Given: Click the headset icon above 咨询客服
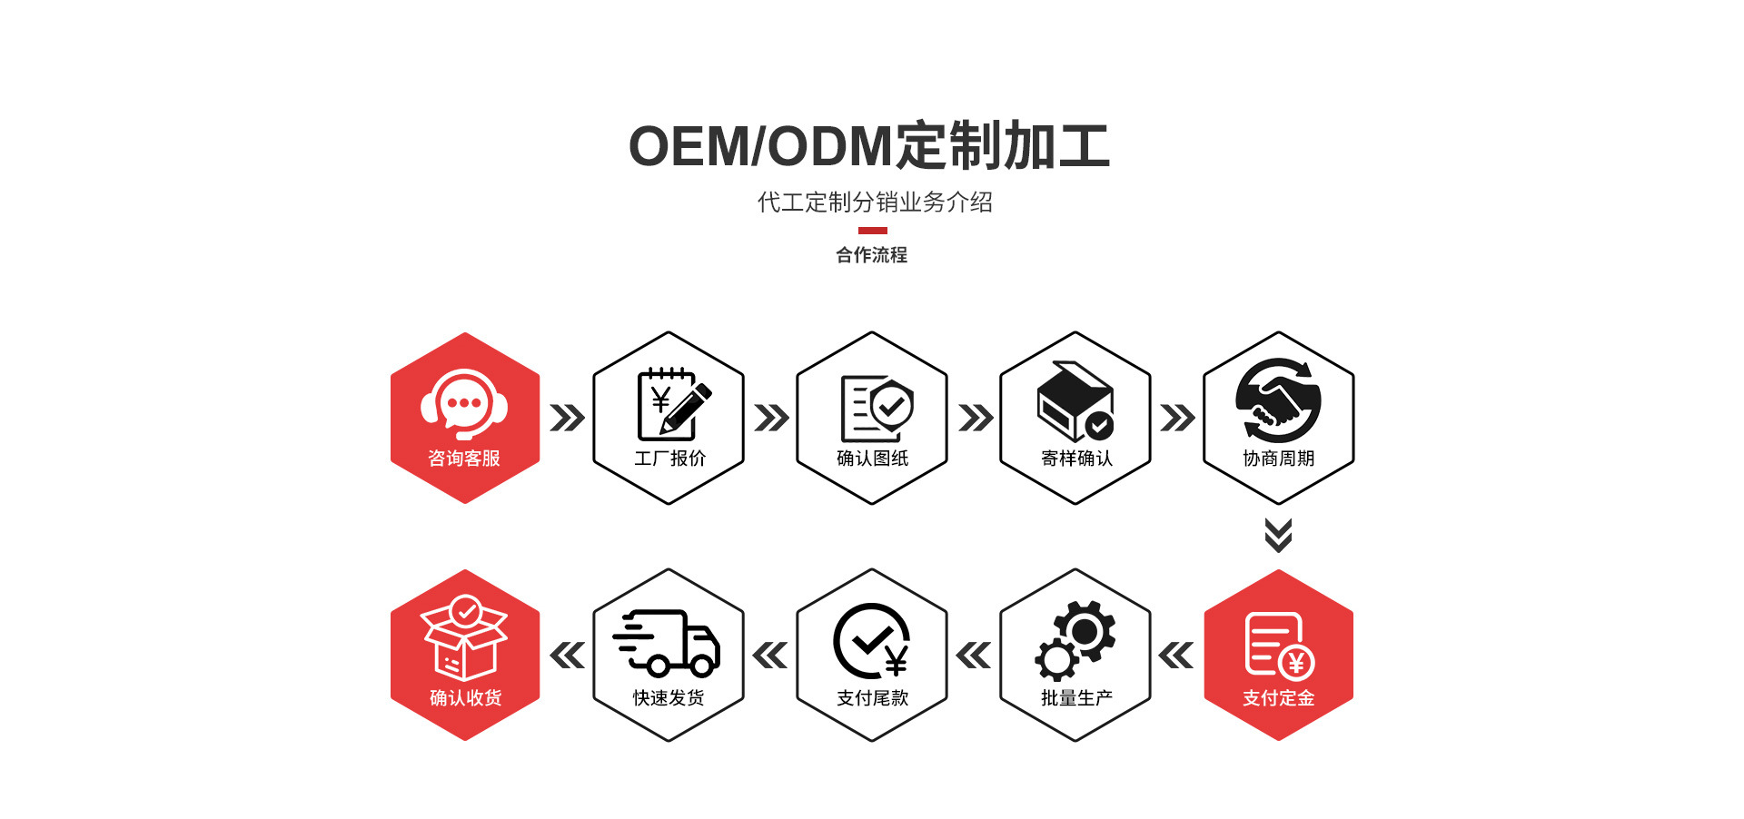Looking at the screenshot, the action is pyautogui.click(x=464, y=404).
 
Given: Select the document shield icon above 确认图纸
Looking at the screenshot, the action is pyautogui.click(x=876, y=409).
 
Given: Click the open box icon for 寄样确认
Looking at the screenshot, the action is pyautogui.click(x=1075, y=401).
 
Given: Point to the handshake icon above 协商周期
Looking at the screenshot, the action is pyautogui.click(x=1278, y=401).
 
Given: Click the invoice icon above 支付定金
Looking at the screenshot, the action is pyautogui.click(x=1278, y=646).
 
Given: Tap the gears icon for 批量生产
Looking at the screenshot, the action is pyautogui.click(x=1075, y=641).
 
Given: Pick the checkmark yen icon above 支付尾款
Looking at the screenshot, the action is pyautogui.click(x=872, y=641).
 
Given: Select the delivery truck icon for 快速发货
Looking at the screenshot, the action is pyautogui.click(x=668, y=643).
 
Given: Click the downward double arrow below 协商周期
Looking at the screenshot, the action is pyautogui.click(x=1278, y=536).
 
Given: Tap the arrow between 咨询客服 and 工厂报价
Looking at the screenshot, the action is pyautogui.click(x=567, y=419).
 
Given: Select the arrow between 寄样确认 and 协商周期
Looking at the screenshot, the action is pyautogui.click(x=1177, y=419).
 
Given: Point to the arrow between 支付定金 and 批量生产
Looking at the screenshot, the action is pyautogui.click(x=1176, y=655).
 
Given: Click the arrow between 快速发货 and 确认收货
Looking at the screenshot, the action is pyautogui.click(x=568, y=655).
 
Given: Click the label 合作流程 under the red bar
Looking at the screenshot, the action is pyautogui.click(x=872, y=255).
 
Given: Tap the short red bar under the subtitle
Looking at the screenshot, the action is pyautogui.click(x=872, y=231).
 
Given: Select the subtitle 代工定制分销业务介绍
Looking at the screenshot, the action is pyautogui.click(x=875, y=202).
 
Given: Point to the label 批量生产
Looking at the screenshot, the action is pyautogui.click(x=1076, y=698).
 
